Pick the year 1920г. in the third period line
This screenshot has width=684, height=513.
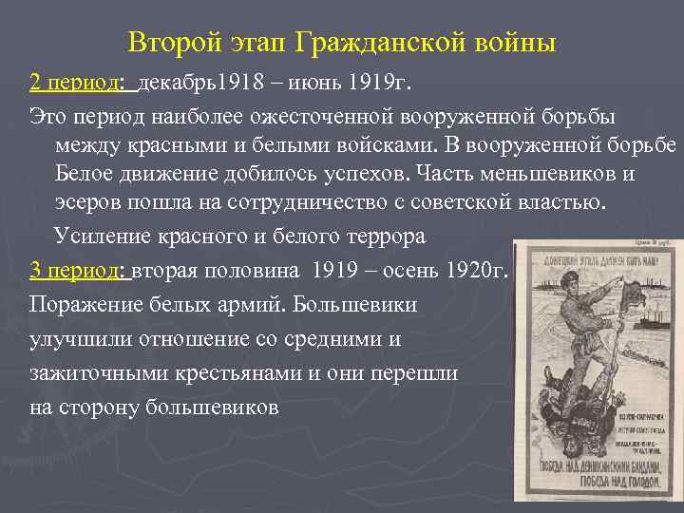point(481,271)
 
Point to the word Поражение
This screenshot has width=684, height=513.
point(80,307)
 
